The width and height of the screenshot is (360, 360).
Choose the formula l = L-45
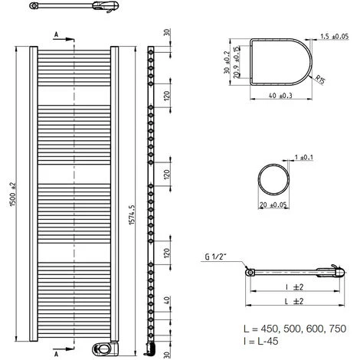[x=254, y=341]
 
